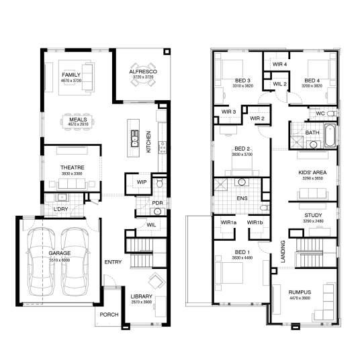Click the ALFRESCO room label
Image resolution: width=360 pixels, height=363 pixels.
coord(143,71)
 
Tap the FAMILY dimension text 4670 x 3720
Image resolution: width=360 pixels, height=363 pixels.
coord(71,81)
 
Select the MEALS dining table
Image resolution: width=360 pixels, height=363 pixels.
coord(77,121)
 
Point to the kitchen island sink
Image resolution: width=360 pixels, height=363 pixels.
coord(134,138)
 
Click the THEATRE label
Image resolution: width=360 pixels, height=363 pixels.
coord(72,167)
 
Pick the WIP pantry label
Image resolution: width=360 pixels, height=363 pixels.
coord(142,182)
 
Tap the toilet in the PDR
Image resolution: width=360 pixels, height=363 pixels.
coord(159,182)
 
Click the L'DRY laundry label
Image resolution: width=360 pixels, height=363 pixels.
coord(61,209)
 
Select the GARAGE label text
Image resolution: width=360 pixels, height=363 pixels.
coord(60,253)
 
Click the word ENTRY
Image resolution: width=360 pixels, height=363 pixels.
coord(113,262)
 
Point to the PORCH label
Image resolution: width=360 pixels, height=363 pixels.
coord(109,315)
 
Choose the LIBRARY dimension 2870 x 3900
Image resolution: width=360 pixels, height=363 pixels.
coord(141,302)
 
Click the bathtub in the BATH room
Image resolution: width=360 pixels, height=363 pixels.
coord(330,136)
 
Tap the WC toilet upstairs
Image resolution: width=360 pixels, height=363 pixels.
coord(332,114)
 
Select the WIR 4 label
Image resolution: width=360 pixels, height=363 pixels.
coord(279,64)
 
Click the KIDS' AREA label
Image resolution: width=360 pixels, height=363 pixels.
coord(312,173)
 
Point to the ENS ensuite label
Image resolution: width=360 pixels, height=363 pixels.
coord(242,198)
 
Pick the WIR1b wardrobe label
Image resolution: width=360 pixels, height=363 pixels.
coord(255,223)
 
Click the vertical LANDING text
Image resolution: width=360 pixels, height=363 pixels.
coord(283,251)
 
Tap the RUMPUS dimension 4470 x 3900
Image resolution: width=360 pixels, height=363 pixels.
coord(300,298)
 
